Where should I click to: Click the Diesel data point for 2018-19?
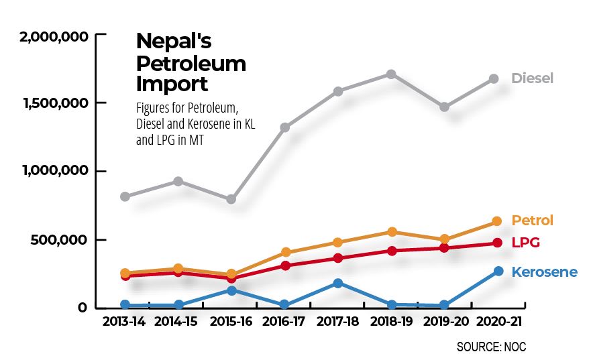pyautogui.click(x=391, y=74)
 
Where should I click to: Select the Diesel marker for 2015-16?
pyautogui.click(x=231, y=199)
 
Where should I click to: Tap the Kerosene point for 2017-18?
pyautogui.click(x=338, y=283)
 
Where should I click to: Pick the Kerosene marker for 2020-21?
pyautogui.click(x=498, y=271)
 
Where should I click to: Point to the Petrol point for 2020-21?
pyautogui.click(x=497, y=221)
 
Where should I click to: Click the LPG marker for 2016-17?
pyautogui.click(x=285, y=265)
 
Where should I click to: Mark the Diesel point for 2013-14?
pyautogui.click(x=125, y=196)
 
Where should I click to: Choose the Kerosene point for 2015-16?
pyautogui.click(x=231, y=290)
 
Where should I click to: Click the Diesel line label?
pyautogui.click(x=532, y=78)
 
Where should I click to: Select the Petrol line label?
pyautogui.click(x=532, y=221)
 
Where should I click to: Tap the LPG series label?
pyautogui.click(x=526, y=243)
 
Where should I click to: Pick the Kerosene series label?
pyautogui.click(x=544, y=272)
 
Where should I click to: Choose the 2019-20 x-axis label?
pyautogui.click(x=444, y=322)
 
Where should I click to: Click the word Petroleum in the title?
pyautogui.click(x=191, y=64)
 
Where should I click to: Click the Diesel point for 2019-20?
pyautogui.click(x=445, y=107)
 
